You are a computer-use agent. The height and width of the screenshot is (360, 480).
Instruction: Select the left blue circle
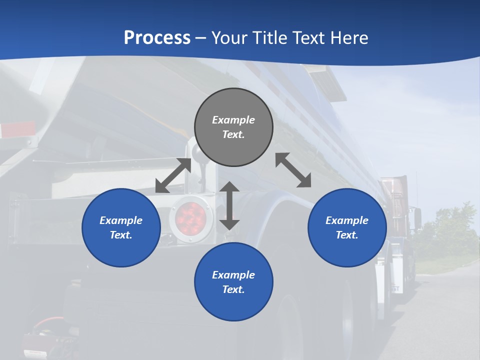[121, 227]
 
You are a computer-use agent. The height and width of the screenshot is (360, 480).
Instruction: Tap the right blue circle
[347, 227]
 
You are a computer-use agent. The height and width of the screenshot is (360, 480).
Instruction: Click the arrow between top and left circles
[173, 175]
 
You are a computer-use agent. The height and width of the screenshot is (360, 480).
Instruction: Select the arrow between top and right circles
[293, 170]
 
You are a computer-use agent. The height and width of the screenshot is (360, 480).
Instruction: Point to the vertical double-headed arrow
[229, 205]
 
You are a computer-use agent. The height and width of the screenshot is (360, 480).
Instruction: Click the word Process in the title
[157, 37]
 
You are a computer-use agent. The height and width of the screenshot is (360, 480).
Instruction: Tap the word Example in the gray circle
[233, 120]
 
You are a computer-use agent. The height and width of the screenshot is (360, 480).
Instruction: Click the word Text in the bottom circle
[233, 289]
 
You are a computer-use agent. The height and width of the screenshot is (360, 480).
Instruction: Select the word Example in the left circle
[121, 220]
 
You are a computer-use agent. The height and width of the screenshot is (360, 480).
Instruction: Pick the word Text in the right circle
[346, 235]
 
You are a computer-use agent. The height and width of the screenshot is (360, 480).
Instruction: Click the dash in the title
[200, 38]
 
